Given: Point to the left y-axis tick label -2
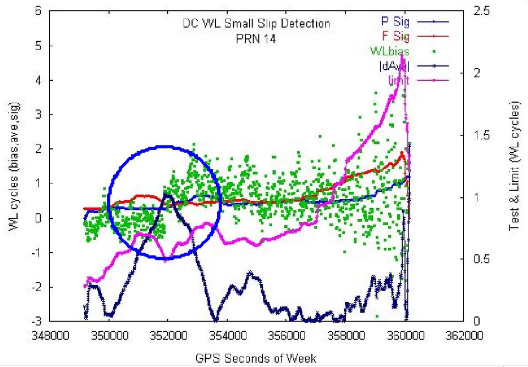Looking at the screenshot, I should (34, 287).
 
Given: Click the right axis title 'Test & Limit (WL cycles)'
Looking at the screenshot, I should (515, 165).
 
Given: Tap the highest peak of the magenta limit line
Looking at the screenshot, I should (403, 55).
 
